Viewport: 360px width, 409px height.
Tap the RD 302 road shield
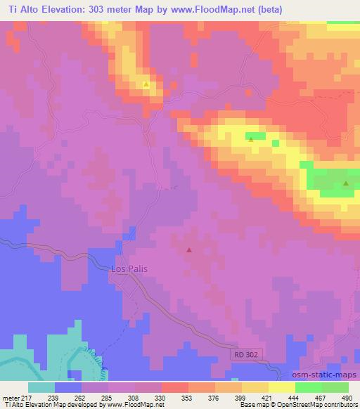(248, 356)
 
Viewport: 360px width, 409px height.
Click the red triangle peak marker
(188, 249)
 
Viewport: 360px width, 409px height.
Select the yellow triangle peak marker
(146, 84)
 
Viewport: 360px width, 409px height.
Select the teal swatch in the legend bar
(41, 387)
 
